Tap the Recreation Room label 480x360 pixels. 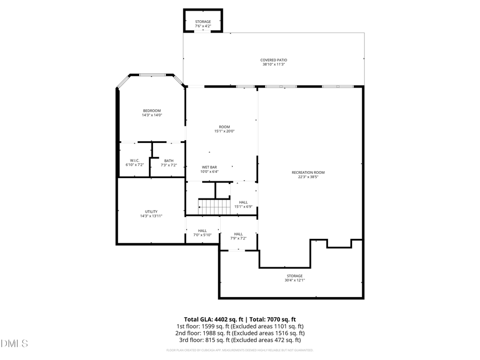coord(308,172)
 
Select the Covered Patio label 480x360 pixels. coord(274,60)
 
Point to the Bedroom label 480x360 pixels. coord(151,110)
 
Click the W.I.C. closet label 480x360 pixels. coord(134,161)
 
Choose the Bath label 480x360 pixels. coord(169,161)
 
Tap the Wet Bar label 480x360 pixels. coord(209,167)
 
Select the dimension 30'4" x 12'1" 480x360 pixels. coord(294,280)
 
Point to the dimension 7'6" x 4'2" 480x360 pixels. coord(203,26)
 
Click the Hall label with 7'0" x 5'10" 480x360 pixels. coord(202,230)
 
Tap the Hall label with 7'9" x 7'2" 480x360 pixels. coord(238,234)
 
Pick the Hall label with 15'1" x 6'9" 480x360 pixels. coord(243,202)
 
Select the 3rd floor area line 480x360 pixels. coord(239,340)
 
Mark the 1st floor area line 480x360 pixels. coord(239,326)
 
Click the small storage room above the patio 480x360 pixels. coord(203,20)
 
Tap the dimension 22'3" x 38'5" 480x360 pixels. coord(308,177)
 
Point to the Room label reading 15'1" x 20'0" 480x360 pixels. coord(224,127)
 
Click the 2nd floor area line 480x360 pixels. coord(239,333)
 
